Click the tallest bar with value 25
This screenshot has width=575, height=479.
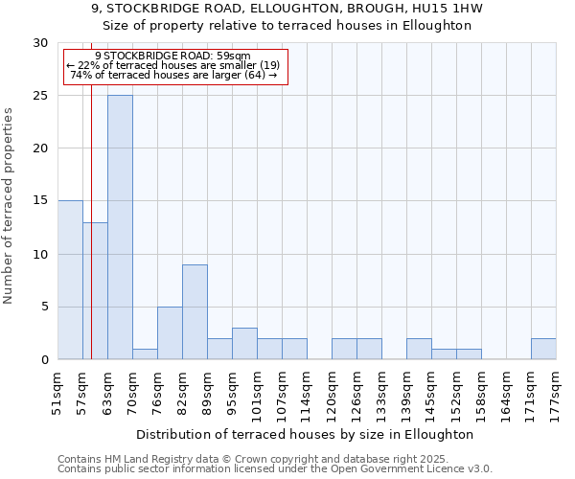coord(120,227)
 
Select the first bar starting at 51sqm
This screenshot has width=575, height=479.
coord(70,280)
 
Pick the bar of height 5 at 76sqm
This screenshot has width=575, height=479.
coord(170,332)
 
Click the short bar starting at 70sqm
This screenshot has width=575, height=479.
coord(145,354)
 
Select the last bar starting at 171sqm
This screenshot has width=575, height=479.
coord(543,349)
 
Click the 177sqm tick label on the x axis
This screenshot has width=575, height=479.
coord(556,393)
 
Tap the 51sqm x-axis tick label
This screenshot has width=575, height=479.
coord(57,393)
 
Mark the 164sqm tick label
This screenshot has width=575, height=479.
coord(506,393)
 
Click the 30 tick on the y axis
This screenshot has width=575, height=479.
coord(40,43)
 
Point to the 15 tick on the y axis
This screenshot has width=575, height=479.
coord(40,201)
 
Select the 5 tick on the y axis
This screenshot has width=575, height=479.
coord(44,307)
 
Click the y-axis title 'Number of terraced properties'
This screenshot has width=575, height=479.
coord(10,205)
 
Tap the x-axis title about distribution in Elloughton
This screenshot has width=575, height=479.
coord(306,434)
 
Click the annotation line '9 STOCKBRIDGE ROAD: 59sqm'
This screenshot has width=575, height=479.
coord(172,56)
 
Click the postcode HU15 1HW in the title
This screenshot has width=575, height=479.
coord(449,9)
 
